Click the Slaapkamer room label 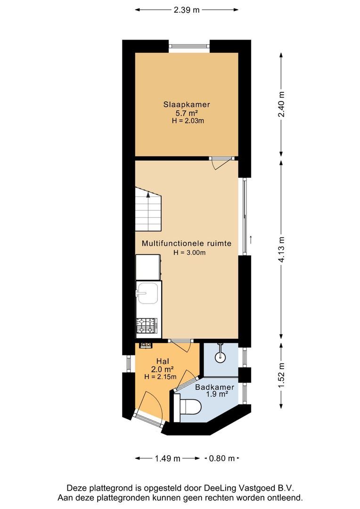pyautogui.click(x=187, y=105)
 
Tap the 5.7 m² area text pyautogui.click(x=187, y=113)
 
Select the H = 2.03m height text pyautogui.click(x=187, y=121)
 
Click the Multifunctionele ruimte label pyautogui.click(x=187, y=244)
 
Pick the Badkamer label pyautogui.click(x=215, y=387)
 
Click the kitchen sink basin pyautogui.click(x=147, y=296)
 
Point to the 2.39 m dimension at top pyautogui.click(x=187, y=9)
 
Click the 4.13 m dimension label pyautogui.click(x=281, y=250)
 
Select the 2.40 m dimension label pyautogui.click(x=281, y=105)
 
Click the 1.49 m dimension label pyautogui.click(x=168, y=458)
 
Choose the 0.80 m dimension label pyautogui.click(x=221, y=458)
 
